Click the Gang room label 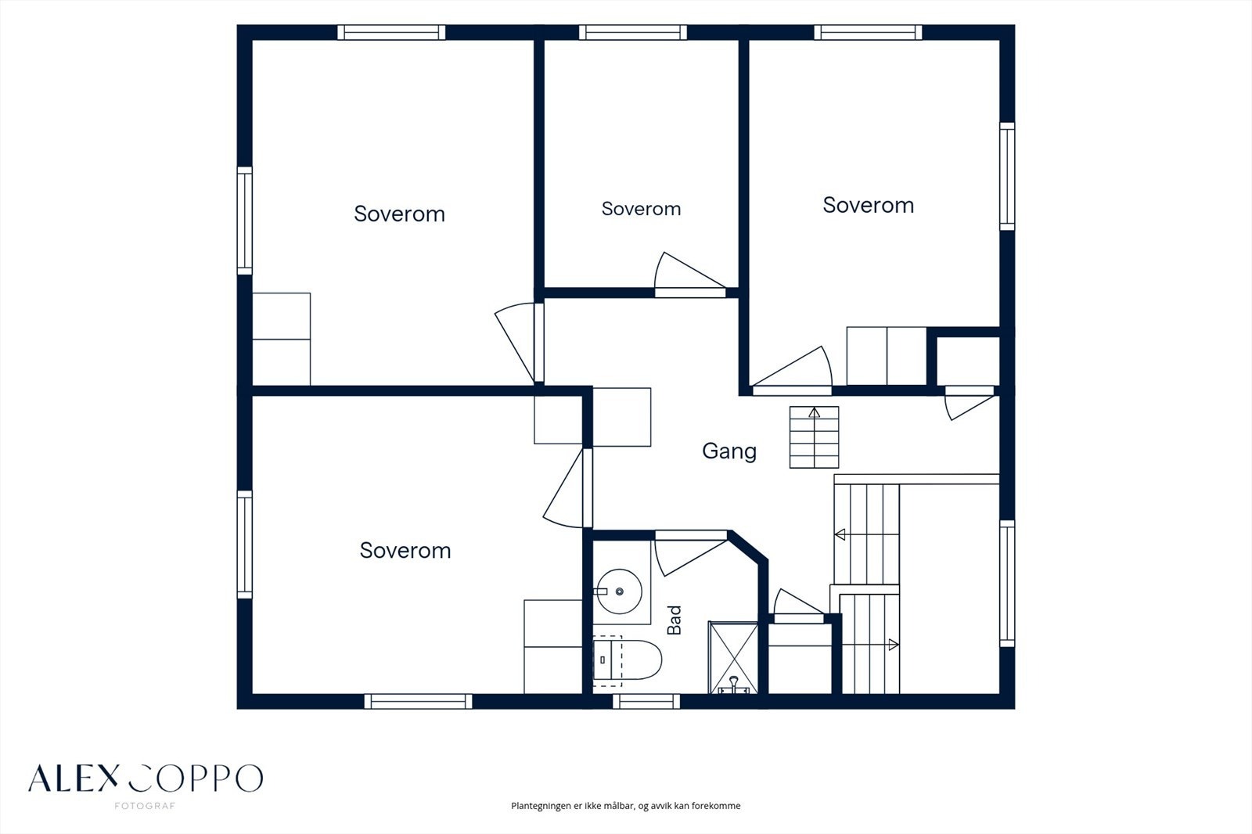click(729, 451)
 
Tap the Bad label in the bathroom click(675, 620)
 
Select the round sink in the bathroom click(619, 591)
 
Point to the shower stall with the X click(733, 658)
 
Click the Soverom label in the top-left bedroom click(399, 214)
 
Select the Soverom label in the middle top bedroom click(641, 209)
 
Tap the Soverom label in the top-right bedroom click(868, 205)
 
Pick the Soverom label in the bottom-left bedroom click(405, 551)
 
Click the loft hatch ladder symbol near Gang click(814, 437)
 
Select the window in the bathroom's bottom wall click(646, 701)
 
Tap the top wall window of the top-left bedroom click(391, 32)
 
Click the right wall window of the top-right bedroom click(1007, 176)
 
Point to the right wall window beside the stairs click(1007, 584)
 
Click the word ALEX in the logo click(74, 778)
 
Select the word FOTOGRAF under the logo click(145, 806)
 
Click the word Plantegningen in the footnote click(541, 806)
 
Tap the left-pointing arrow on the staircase click(840, 535)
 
